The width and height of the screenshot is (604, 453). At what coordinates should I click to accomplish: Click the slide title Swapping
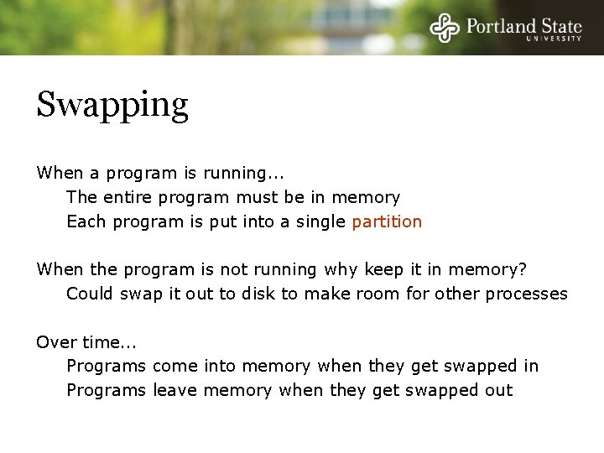click(x=112, y=106)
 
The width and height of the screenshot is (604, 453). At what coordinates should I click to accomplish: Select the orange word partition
click(x=387, y=222)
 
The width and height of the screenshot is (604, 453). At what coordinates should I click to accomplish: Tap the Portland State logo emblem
click(x=445, y=28)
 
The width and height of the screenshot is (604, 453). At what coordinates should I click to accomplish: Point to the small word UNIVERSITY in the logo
click(x=554, y=39)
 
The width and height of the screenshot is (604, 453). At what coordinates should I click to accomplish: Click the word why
click(x=342, y=270)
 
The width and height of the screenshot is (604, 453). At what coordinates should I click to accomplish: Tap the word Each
click(x=86, y=222)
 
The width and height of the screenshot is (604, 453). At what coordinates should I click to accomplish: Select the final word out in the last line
click(x=497, y=391)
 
